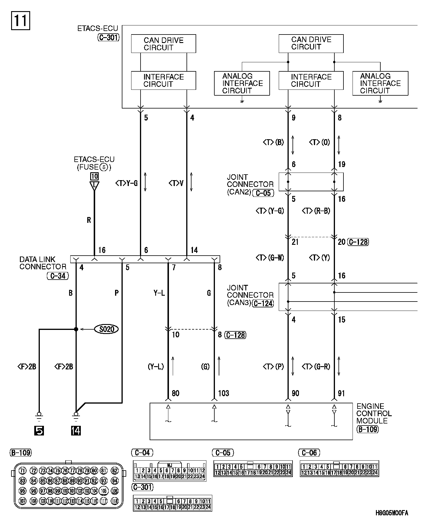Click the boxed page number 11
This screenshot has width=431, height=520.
click(x=20, y=20)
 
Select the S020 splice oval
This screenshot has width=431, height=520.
click(x=107, y=329)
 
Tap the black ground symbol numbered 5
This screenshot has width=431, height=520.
click(x=39, y=431)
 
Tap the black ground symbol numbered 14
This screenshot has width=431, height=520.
click(x=76, y=431)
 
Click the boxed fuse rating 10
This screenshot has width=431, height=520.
click(x=94, y=176)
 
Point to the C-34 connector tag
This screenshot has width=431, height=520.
click(x=58, y=276)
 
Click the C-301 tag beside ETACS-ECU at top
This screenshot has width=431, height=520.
click(x=108, y=37)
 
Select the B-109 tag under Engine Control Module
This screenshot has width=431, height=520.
click(x=367, y=429)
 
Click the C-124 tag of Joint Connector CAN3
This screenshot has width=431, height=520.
click(x=263, y=303)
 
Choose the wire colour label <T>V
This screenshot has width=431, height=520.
click(x=176, y=183)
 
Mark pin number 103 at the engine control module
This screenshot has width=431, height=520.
click(x=224, y=393)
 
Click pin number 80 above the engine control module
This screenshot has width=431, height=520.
click(x=176, y=393)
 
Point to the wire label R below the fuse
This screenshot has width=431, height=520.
click(x=89, y=220)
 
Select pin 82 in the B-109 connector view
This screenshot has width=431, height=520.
click(x=115, y=471)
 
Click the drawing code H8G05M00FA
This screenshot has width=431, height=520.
click(x=392, y=513)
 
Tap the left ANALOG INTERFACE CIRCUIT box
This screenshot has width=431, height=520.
click(x=242, y=83)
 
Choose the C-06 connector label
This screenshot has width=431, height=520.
click(x=309, y=453)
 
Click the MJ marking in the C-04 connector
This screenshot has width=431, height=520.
click(x=170, y=465)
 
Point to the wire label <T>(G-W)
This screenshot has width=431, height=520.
click(x=270, y=258)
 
